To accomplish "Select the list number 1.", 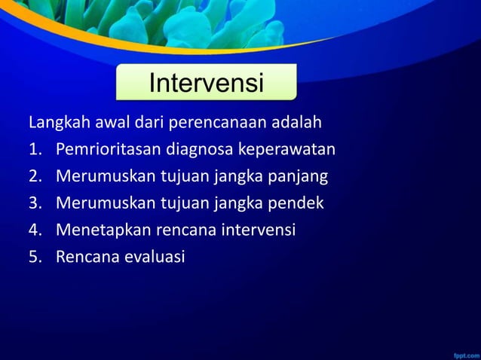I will (34, 149).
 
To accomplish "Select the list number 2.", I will (35, 176).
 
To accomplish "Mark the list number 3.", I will (35, 203).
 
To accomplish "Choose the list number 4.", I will (35, 230).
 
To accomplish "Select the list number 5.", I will (35, 258).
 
